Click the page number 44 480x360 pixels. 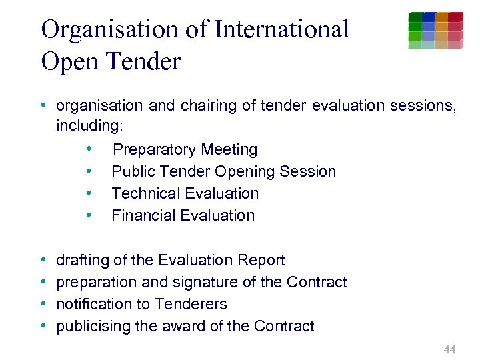pyautogui.click(x=449, y=349)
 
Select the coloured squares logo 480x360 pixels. pyautogui.click(x=435, y=31)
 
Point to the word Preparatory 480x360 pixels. pyautogui.click(x=154, y=149)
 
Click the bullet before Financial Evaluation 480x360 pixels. pyautogui.click(x=88, y=215)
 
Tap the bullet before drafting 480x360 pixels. pyautogui.click(x=43, y=260)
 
